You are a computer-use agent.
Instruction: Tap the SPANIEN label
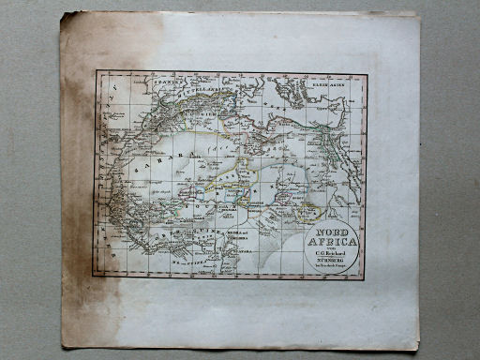[x=166, y=82]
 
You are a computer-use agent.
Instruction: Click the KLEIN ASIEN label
[x=328, y=82]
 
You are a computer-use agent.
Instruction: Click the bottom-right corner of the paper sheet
[x=417, y=350]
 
